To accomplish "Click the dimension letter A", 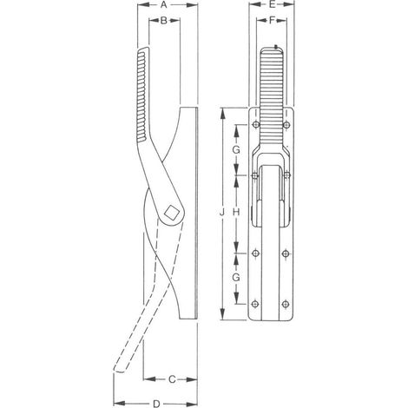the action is click(164, 5).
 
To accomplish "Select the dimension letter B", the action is click(164, 20).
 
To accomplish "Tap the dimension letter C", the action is click(172, 379).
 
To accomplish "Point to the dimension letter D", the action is click(156, 404).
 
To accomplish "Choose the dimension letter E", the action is click(272, 4).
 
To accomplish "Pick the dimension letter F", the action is click(272, 20).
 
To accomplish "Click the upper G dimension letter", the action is click(236, 149).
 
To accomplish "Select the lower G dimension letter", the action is click(236, 278).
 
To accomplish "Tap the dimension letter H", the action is click(236, 213).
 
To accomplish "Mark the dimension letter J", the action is click(222, 214).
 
